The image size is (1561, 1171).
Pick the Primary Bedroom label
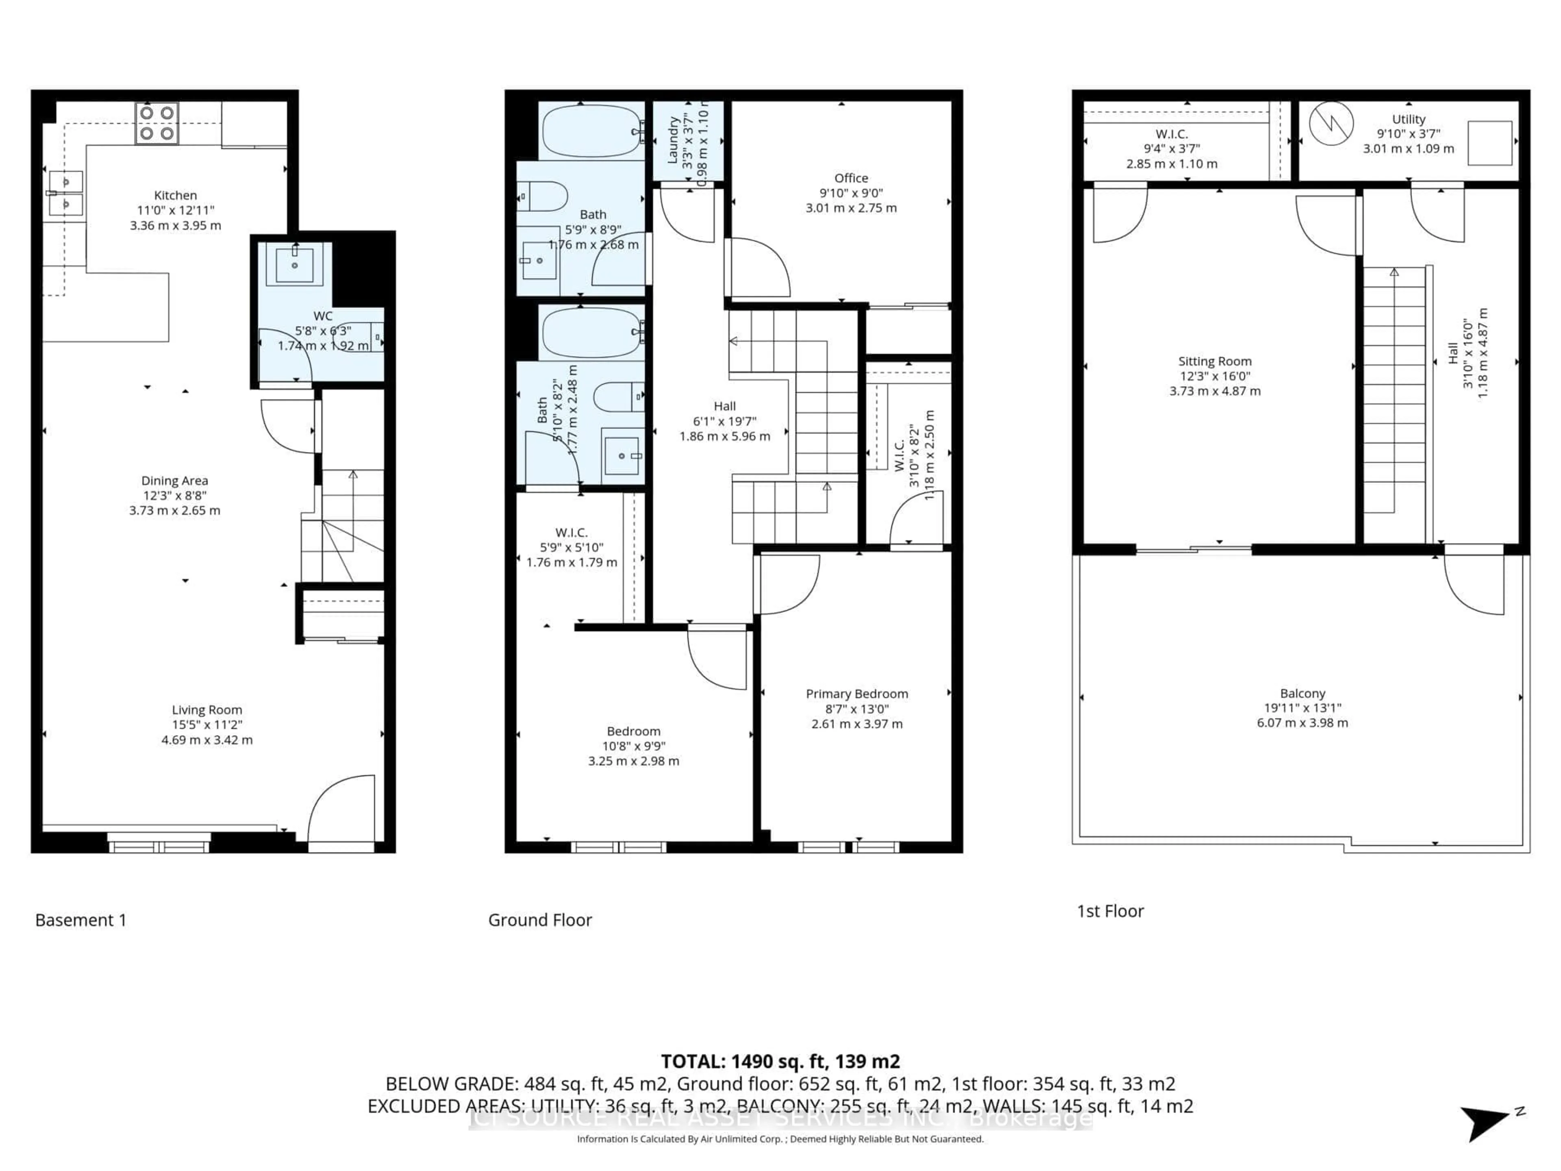coord(856,694)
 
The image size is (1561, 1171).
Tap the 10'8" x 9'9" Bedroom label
coord(633,731)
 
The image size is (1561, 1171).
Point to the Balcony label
coord(1302,693)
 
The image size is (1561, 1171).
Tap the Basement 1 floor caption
coord(80,920)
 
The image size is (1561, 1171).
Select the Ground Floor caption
coord(540,920)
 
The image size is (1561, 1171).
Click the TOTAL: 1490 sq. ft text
coord(780,1061)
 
